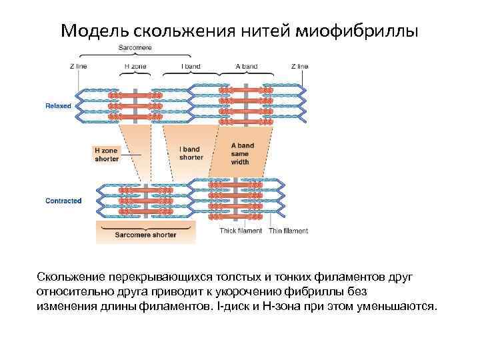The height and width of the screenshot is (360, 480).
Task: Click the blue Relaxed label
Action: pyautogui.click(x=58, y=105)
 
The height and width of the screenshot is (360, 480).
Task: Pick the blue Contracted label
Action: pyautogui.click(x=63, y=201)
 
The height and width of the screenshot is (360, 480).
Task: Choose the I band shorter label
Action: pyautogui.click(x=191, y=153)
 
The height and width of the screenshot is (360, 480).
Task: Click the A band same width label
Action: pyautogui.click(x=242, y=154)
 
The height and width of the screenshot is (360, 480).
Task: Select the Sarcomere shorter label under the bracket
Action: pyautogui.click(x=146, y=235)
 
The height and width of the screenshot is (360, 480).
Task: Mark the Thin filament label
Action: pyautogui.click(x=289, y=231)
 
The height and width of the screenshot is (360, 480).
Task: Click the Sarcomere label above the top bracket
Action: pyautogui.click(x=135, y=48)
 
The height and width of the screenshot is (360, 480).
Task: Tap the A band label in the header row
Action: pyautogui.click(x=247, y=67)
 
